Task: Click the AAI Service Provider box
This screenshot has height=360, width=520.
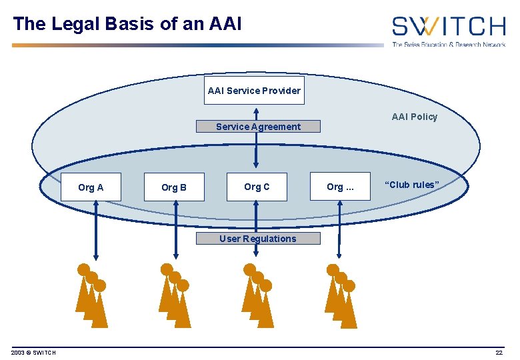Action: click(254, 91)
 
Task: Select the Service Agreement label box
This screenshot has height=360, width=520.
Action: click(258, 127)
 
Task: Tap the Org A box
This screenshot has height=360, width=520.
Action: click(91, 187)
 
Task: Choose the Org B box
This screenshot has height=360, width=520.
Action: click(174, 187)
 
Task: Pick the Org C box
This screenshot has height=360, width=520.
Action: click(257, 187)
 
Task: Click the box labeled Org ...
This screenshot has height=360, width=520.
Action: click(340, 187)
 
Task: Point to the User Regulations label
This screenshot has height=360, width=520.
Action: click(258, 239)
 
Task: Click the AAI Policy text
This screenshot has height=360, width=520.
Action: click(414, 117)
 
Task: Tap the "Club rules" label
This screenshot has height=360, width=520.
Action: click(413, 185)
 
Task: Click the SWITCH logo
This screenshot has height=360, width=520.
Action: click(448, 30)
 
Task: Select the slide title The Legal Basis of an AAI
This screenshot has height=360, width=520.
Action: click(127, 24)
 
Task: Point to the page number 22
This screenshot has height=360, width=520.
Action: click(499, 353)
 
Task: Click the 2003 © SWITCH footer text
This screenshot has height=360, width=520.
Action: click(33, 353)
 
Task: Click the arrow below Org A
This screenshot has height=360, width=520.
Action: click(96, 230)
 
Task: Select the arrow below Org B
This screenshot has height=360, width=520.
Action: click(176, 230)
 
